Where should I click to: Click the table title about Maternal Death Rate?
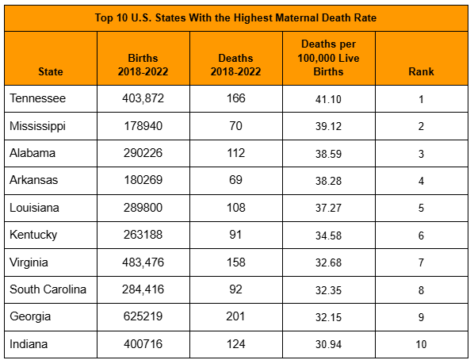235,18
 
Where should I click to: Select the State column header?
51,71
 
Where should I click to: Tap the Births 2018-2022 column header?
143,65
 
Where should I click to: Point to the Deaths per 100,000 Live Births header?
329,58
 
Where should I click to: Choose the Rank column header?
421,71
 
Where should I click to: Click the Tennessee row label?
37,98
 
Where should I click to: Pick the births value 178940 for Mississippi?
143,126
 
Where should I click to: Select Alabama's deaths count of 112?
235,153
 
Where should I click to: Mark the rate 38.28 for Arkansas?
329,181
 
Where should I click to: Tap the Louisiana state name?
34,208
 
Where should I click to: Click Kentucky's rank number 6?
421,236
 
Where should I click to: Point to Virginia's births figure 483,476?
143,262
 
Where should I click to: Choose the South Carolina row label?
48,289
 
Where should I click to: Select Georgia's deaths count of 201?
235,316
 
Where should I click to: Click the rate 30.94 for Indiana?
329,344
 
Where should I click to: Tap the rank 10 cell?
421,344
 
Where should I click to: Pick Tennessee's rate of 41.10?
328,99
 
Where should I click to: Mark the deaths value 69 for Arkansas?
235,180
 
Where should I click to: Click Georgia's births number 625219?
143,316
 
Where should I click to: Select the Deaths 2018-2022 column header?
235,65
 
